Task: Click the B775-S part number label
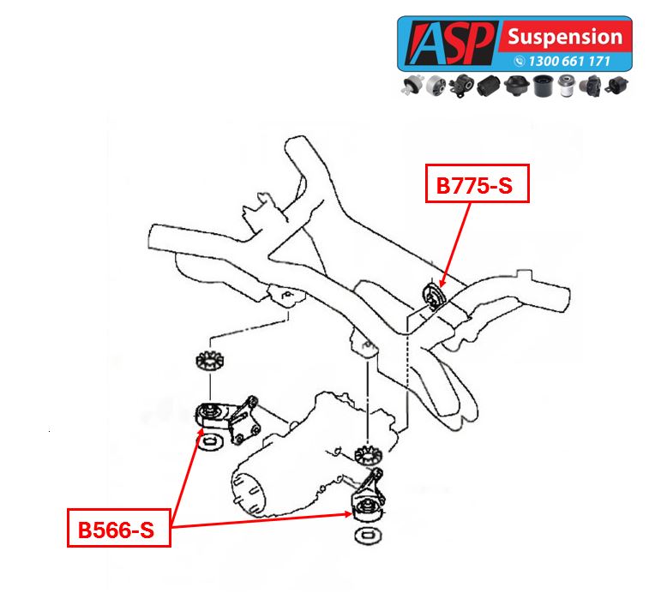point(478,184)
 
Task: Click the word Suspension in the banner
point(564,37)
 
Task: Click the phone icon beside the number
point(520,62)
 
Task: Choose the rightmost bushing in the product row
point(618,86)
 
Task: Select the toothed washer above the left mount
point(206,360)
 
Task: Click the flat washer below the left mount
point(208,443)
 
